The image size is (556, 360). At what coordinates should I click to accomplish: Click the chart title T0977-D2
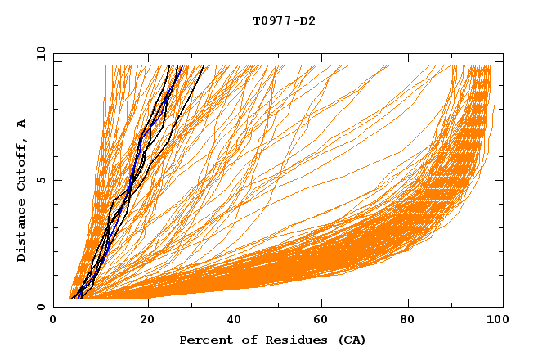(x=284, y=20)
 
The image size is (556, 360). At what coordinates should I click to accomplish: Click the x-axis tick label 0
(x=53, y=321)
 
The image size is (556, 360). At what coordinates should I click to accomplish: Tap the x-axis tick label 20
(x=147, y=321)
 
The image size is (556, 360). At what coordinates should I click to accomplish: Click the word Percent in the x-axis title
(x=204, y=340)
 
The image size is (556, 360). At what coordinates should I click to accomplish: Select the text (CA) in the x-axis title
(x=352, y=340)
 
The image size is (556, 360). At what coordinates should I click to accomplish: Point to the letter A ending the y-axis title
(x=22, y=123)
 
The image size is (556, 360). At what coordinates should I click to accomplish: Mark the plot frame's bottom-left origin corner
(x=53, y=307)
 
